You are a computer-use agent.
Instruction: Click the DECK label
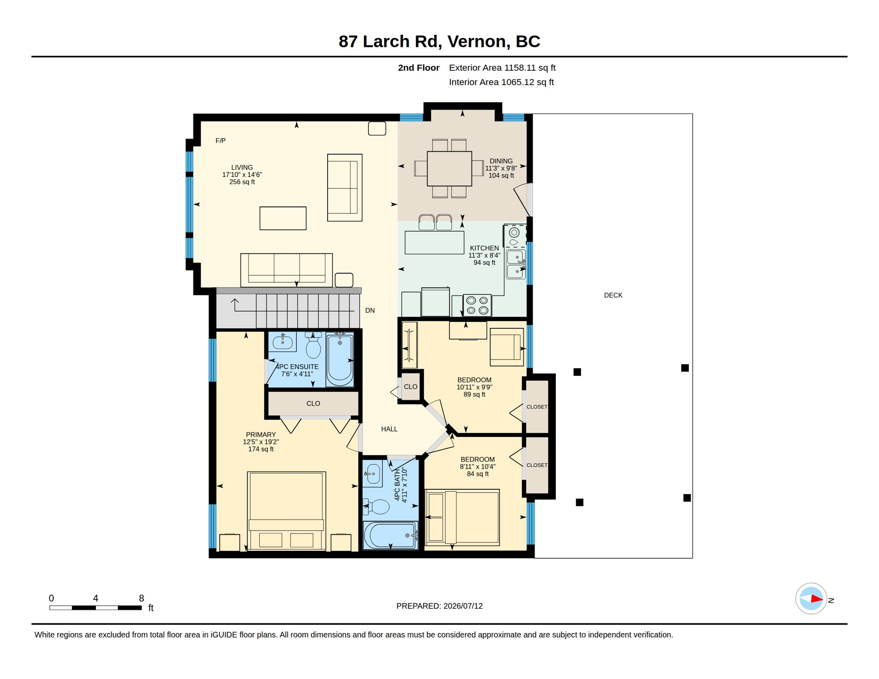(613, 295)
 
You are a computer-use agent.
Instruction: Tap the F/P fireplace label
(220, 141)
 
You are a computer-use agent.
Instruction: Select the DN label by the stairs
(370, 310)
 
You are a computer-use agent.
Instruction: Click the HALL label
(389, 429)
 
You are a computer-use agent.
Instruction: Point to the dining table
(449, 168)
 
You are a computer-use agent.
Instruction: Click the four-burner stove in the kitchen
(477, 305)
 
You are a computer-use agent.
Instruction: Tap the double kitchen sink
(516, 264)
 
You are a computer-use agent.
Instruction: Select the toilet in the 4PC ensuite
(313, 345)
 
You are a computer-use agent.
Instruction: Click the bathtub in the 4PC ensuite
(340, 360)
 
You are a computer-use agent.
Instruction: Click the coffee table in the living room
(283, 218)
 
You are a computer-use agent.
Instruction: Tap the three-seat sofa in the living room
(286, 270)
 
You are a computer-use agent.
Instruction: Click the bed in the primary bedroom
(286, 511)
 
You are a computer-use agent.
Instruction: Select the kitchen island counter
(434, 242)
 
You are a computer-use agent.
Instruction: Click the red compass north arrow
(816, 599)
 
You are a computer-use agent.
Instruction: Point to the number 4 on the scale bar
(96, 598)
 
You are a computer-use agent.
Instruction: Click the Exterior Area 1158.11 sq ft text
(502, 68)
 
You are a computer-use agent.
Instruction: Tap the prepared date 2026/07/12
(463, 606)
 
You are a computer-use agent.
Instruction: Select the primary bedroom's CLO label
(313, 403)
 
